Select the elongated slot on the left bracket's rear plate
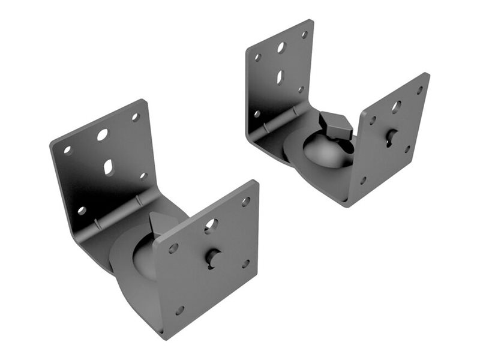(x=109, y=167)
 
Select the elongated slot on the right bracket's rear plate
(x=280, y=77)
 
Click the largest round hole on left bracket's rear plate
(x=103, y=134)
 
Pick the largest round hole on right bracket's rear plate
(x=281, y=47)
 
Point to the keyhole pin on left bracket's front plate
(x=213, y=257)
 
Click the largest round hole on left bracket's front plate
(x=211, y=226)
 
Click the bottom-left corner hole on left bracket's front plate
(x=179, y=310)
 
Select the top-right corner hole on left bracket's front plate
(x=245, y=202)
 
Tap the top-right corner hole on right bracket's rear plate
(x=304, y=35)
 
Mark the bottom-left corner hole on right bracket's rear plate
(x=257, y=113)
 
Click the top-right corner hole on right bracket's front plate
(x=419, y=90)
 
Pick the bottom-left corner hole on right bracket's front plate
(x=363, y=180)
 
